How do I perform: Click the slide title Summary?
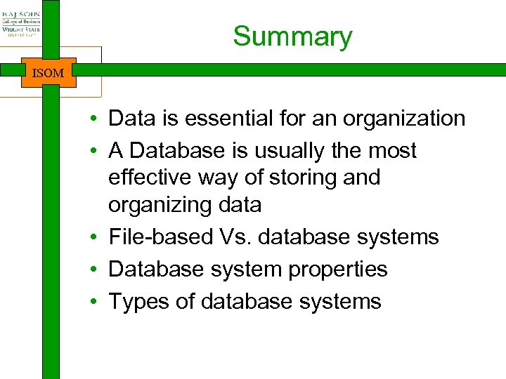pyautogui.click(x=292, y=36)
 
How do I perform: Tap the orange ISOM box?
pyautogui.click(x=48, y=72)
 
